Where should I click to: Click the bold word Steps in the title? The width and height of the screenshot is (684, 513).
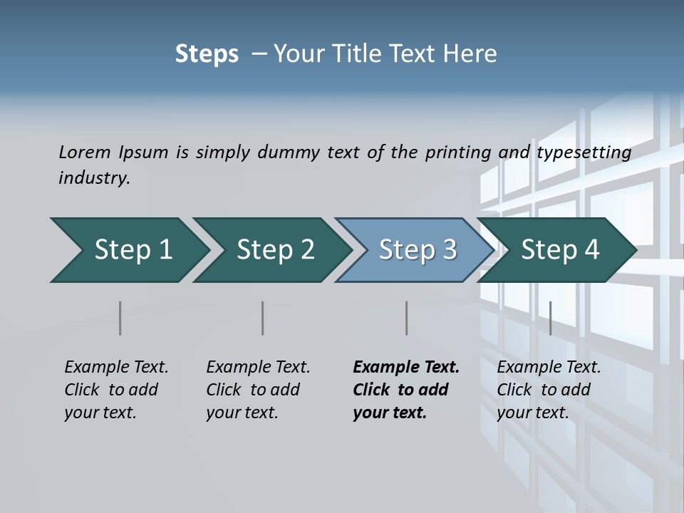pyautogui.click(x=207, y=54)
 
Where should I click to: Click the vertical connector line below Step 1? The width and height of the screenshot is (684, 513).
pyautogui.click(x=120, y=318)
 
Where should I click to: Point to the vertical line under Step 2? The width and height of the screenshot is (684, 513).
pyautogui.click(x=262, y=318)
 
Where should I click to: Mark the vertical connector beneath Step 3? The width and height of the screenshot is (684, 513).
pyautogui.click(x=406, y=318)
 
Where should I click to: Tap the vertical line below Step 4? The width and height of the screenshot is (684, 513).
pyautogui.click(x=550, y=318)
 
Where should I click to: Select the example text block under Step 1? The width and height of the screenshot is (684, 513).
pyautogui.click(x=115, y=390)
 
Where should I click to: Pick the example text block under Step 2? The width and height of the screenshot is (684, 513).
pyautogui.click(x=257, y=390)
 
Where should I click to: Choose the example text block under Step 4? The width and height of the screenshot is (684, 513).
pyautogui.click(x=548, y=390)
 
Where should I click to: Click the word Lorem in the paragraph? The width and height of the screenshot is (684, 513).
pyautogui.click(x=85, y=152)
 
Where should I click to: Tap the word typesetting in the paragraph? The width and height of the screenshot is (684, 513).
pyautogui.click(x=584, y=152)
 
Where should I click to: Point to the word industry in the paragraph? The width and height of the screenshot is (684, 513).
pyautogui.click(x=93, y=178)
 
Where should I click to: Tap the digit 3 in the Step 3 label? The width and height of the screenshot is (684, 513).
pyautogui.click(x=450, y=250)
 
